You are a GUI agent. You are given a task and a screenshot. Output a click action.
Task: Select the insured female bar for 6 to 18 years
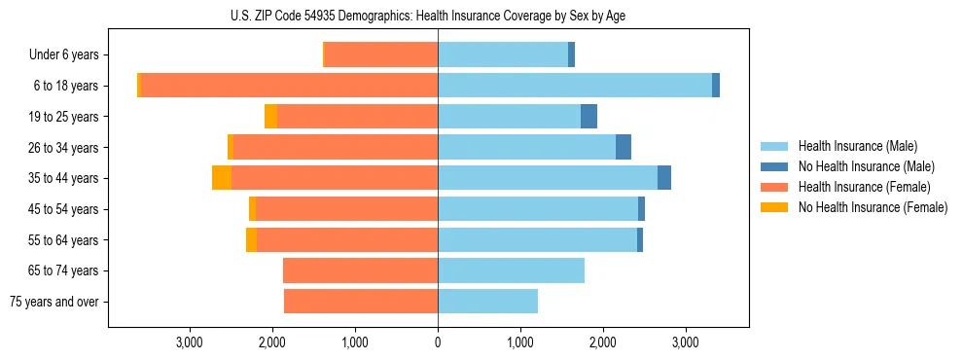[x=290, y=86]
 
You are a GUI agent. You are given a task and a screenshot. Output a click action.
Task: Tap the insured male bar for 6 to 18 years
[x=574, y=86]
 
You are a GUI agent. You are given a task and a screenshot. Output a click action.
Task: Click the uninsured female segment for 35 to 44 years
[x=221, y=178]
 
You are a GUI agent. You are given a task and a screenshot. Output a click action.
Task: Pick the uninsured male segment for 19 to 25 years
[x=588, y=117]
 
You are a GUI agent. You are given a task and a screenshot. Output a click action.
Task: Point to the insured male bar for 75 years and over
[x=487, y=302]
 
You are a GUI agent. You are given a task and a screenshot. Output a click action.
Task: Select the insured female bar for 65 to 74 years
[x=360, y=270]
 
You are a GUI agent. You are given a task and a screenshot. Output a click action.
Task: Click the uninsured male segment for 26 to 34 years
[x=624, y=148]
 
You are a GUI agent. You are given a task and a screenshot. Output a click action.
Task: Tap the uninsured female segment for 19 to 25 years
[x=270, y=117]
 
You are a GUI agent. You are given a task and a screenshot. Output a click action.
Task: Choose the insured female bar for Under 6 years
[x=380, y=55]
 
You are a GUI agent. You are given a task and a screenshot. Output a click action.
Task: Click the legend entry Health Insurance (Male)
[x=856, y=146]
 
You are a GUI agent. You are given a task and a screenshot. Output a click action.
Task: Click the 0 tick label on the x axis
[x=438, y=342]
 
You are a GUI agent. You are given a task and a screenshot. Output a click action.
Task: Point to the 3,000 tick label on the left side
[x=189, y=342]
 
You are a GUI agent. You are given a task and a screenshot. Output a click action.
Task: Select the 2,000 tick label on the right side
[x=603, y=342]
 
